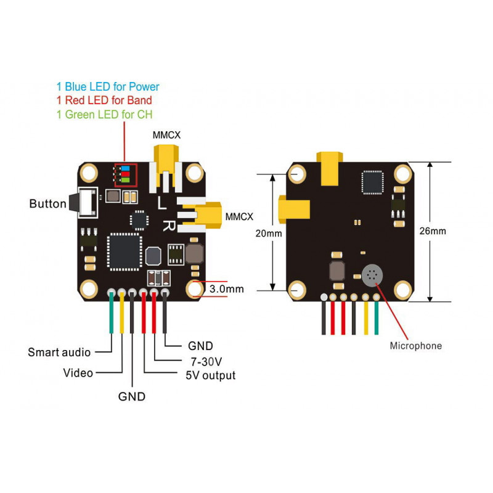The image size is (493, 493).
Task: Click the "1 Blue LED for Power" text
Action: [108, 86]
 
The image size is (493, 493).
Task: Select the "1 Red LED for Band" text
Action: [104, 100]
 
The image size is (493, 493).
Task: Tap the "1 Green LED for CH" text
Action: [104, 115]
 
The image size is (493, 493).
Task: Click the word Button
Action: [48, 204]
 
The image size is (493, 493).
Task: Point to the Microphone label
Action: [415, 346]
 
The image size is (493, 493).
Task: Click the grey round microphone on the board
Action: [372, 275]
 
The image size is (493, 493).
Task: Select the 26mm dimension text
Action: [433, 231]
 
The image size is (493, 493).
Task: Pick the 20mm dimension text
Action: [269, 234]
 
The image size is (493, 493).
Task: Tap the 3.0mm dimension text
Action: [226, 289]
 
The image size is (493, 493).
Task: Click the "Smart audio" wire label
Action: [59, 352]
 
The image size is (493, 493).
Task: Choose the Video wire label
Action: [78, 373]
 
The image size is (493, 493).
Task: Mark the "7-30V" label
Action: [206, 362]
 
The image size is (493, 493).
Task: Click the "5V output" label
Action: [210, 375]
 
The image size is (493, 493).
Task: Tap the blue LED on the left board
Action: [126, 168]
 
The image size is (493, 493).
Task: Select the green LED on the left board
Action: [126, 180]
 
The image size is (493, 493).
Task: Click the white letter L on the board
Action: [162, 203]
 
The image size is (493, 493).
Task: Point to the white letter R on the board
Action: [169, 225]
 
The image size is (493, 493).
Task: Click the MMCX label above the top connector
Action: [166, 135]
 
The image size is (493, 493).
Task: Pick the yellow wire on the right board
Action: [366, 317]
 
